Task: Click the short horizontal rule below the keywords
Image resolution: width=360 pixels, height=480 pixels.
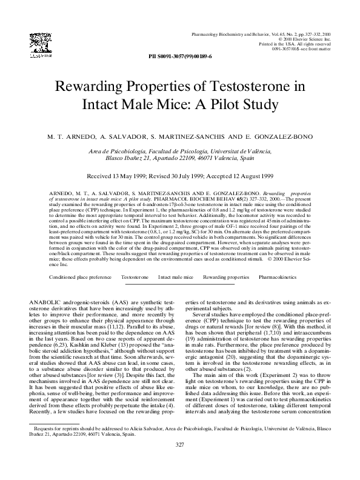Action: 180,285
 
